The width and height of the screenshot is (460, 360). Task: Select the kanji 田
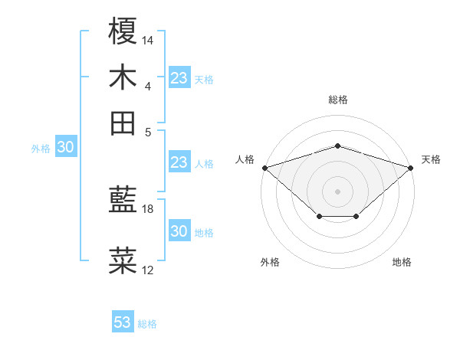click(123, 123)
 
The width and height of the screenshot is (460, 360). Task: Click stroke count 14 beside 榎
click(148, 38)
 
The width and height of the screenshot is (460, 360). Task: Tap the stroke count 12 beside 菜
click(148, 270)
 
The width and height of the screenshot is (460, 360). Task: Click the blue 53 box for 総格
click(123, 323)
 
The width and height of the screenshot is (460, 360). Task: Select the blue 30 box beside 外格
click(66, 148)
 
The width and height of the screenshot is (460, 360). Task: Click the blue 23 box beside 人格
click(179, 162)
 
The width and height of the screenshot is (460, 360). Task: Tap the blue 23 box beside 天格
click(179, 78)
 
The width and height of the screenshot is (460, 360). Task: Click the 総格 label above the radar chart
click(337, 100)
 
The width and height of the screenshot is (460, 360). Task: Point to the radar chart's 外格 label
click(270, 262)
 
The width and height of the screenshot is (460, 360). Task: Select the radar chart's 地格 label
click(402, 262)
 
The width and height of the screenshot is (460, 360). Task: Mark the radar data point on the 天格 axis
click(411, 167)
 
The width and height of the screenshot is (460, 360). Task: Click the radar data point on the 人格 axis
click(264, 167)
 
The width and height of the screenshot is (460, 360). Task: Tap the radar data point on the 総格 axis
click(337, 146)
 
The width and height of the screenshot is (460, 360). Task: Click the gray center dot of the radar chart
click(337, 190)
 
